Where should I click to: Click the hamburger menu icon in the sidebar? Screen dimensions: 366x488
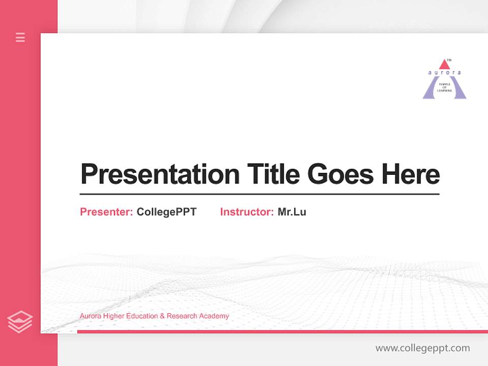[20, 37]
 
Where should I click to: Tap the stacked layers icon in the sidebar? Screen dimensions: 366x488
[20, 322]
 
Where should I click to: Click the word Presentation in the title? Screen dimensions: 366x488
[160, 174]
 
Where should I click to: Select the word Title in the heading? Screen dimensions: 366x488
[273, 174]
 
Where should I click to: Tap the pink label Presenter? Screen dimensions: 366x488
[106, 212]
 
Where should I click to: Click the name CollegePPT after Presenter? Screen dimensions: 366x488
[166, 212]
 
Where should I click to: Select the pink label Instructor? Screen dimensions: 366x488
[247, 212]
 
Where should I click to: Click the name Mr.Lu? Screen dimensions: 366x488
[292, 212]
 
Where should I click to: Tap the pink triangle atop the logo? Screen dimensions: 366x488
[444, 65]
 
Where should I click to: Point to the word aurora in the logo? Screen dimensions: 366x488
[444, 73]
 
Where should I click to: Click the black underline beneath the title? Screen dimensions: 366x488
[259, 194]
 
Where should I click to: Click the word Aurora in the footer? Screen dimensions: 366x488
[90, 316]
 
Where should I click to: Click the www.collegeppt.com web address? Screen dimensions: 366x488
[422, 348]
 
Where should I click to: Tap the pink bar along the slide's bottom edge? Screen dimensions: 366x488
[282, 331]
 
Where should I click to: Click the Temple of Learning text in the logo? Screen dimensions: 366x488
[444, 87]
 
